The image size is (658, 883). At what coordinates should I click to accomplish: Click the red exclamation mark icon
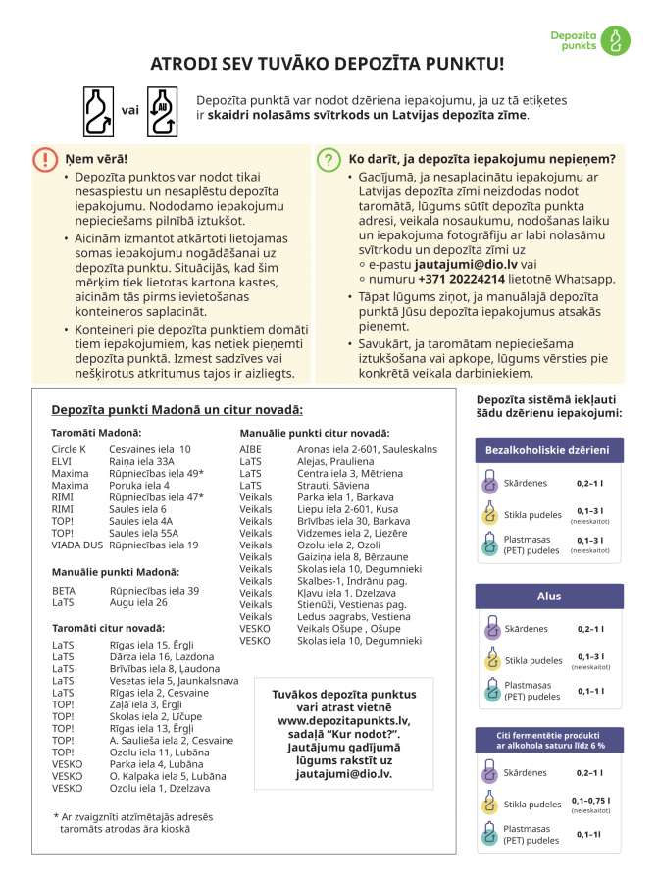[45, 160]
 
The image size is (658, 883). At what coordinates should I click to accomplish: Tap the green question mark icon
[327, 160]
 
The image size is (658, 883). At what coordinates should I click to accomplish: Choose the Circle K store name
[69, 448]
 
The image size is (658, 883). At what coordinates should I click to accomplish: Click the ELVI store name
[62, 461]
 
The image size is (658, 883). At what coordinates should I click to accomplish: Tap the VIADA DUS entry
[76, 545]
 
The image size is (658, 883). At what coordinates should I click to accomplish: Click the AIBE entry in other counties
[251, 448]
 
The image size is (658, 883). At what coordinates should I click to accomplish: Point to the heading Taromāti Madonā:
[96, 432]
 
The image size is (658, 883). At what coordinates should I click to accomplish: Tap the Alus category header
[549, 597]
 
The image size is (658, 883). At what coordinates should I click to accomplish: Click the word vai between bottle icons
[129, 111]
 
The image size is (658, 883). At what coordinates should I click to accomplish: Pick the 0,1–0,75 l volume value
[590, 800]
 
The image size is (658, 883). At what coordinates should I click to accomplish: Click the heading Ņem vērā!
[96, 159]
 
